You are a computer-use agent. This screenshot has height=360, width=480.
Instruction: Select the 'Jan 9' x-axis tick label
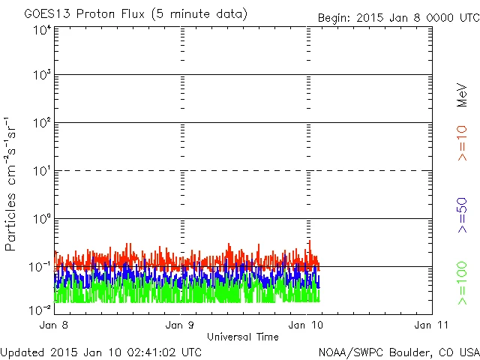click(181, 325)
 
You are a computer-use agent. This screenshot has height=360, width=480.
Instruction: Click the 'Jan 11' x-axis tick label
click(427, 325)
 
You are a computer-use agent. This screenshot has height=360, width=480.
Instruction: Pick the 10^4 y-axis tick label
click(41, 30)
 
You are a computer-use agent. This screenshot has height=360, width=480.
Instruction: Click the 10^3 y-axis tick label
click(41, 75)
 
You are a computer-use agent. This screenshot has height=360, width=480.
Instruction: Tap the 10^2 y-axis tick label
click(41, 123)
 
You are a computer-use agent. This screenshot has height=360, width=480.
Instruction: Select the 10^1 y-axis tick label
click(41, 171)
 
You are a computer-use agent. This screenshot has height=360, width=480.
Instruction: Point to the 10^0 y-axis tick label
click(41, 219)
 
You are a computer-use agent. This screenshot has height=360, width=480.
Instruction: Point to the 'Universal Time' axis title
click(242, 337)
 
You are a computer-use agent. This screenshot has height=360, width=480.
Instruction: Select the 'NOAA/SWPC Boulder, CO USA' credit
click(398, 351)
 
